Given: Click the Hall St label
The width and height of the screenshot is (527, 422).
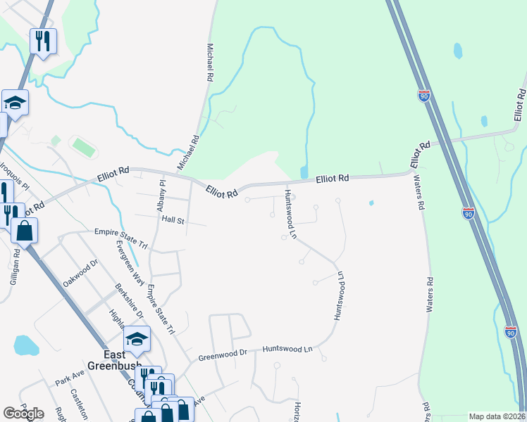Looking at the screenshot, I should click(x=173, y=220).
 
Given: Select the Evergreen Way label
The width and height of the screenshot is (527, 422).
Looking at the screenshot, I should click(x=130, y=262).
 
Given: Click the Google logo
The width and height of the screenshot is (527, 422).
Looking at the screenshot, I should click(x=23, y=414).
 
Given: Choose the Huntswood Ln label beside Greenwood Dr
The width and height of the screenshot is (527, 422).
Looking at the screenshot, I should click(x=287, y=349).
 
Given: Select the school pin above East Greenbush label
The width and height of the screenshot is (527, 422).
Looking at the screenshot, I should click(x=137, y=340).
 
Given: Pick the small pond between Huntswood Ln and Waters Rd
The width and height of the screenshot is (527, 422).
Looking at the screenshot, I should click(x=371, y=204).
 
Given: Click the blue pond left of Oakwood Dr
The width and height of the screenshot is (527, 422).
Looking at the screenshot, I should click(x=26, y=345).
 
